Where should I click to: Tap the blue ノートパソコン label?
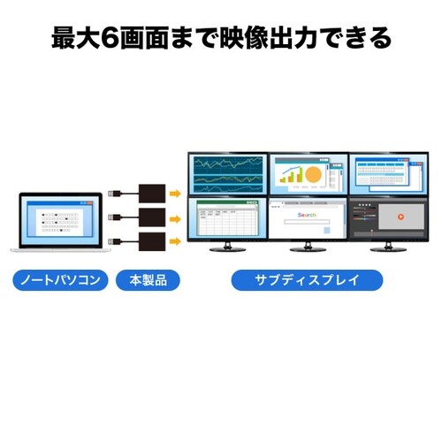click(61, 281)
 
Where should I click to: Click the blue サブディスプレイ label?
click(307, 281)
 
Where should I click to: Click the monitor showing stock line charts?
click(227, 174)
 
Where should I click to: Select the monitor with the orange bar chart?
click(307, 174)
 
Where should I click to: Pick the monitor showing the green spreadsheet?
click(227, 219)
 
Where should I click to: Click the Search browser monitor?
click(307, 219)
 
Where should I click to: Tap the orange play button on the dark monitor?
click(399, 216)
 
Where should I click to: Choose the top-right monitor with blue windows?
click(387, 174)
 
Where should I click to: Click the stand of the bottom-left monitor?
click(227, 247)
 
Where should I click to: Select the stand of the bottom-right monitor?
click(387, 247)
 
